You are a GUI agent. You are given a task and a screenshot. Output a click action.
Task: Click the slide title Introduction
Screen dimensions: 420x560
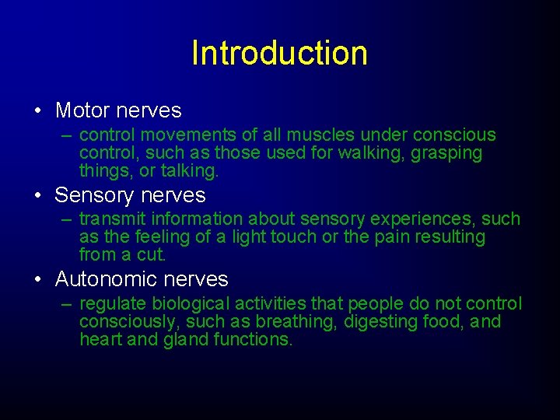tap(279, 53)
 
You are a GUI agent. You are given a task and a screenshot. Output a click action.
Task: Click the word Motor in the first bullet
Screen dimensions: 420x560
tap(83, 110)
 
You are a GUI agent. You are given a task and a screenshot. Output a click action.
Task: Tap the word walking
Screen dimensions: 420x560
tap(366, 153)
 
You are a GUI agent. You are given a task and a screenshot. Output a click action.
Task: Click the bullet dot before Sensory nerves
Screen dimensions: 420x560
tap(38, 194)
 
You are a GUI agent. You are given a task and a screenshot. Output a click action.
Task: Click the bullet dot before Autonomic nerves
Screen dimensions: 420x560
tap(38, 278)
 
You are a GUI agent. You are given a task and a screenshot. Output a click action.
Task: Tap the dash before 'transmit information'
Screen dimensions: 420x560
tap(66, 219)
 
